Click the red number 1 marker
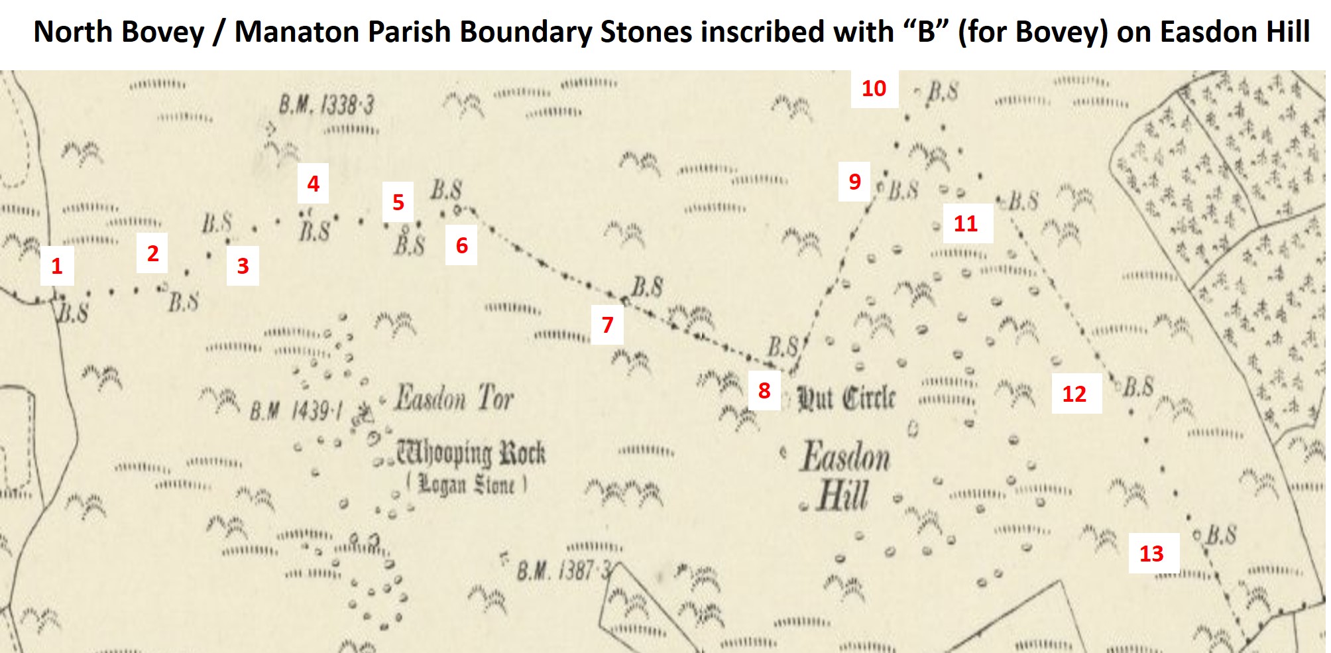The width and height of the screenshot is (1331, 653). [x=57, y=267]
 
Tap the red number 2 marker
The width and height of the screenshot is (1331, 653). [x=152, y=253]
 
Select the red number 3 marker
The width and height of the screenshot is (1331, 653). [x=243, y=266]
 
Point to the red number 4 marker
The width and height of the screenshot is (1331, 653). [x=313, y=184]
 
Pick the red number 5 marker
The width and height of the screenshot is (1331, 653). [x=398, y=202]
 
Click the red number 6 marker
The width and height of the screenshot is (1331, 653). [x=461, y=246]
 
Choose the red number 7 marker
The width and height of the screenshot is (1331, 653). [x=607, y=325]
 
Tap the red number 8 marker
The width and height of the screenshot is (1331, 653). [x=764, y=390]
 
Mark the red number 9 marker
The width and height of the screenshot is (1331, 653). [x=854, y=182]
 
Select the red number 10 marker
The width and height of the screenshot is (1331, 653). [x=874, y=88]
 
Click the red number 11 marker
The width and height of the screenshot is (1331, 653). [x=965, y=223]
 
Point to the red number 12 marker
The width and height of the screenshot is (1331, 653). [x=1074, y=394]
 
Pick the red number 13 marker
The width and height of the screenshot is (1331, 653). [x=1151, y=554]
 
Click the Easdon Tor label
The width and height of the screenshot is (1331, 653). [x=454, y=398]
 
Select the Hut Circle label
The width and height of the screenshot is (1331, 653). [x=846, y=398]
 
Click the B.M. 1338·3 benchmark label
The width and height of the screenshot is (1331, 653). [x=326, y=105]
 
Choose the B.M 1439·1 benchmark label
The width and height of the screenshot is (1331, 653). [x=296, y=412]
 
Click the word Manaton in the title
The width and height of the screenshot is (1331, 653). [x=297, y=31]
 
